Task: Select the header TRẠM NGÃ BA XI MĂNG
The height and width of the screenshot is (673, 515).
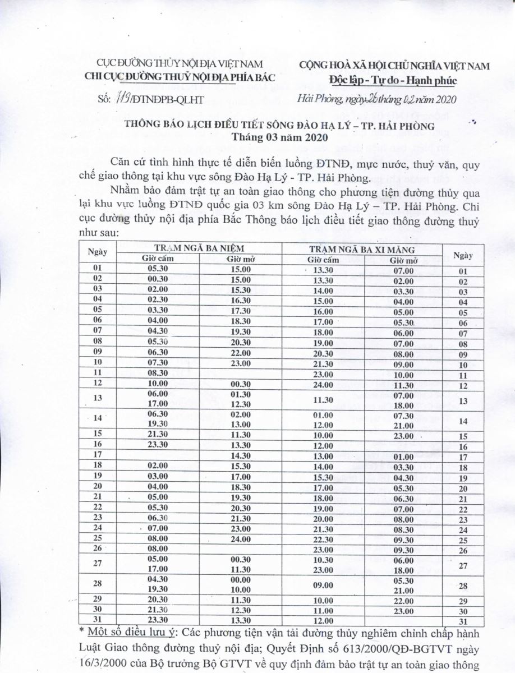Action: (x=362, y=248)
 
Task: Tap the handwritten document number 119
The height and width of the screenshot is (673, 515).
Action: (x=119, y=99)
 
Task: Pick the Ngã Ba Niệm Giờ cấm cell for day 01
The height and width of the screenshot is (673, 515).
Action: (x=155, y=269)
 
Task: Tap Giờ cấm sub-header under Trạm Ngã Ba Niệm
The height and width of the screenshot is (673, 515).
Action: (x=155, y=259)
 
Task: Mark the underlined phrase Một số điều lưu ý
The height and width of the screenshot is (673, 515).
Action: (x=119, y=632)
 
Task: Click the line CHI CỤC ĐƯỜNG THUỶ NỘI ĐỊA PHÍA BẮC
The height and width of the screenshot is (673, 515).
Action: (x=179, y=77)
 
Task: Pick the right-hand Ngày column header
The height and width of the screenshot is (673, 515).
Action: (x=463, y=254)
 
